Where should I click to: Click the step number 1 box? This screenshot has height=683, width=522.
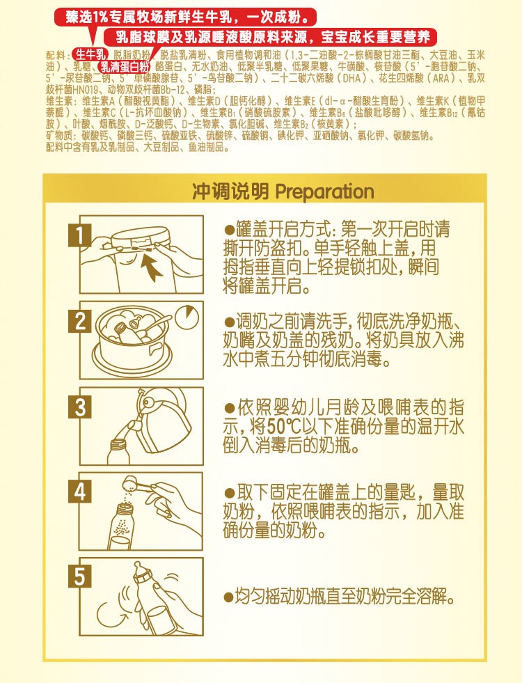click(x=81, y=235)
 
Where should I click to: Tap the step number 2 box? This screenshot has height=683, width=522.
click(x=81, y=322)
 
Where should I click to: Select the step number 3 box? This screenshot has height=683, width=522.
click(x=81, y=407)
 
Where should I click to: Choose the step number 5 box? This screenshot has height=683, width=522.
click(x=81, y=576)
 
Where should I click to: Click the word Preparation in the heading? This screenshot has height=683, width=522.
click(x=325, y=191)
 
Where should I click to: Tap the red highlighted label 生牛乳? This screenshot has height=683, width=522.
click(x=90, y=54)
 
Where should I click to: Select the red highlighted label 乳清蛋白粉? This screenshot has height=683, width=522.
click(x=124, y=67)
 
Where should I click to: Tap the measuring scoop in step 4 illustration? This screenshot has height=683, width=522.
click(x=138, y=482)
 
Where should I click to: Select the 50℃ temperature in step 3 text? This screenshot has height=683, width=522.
click(x=287, y=425)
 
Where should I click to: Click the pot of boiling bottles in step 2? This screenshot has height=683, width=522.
click(x=132, y=333)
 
